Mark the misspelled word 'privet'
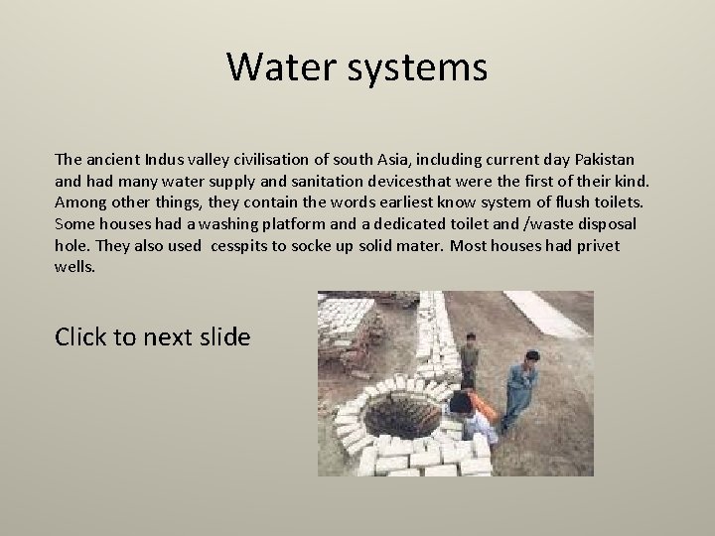pos(597,245)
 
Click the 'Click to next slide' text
pos(153,336)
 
